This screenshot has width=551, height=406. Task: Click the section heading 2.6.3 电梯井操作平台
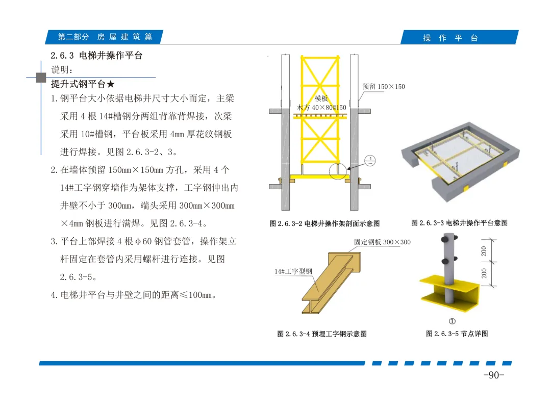(96, 56)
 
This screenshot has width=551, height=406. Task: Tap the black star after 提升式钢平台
(111, 84)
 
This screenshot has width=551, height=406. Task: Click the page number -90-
(494, 375)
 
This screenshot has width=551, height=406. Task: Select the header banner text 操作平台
(450, 38)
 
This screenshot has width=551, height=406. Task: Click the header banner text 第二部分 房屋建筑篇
(105, 37)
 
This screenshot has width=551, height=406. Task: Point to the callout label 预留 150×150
(383, 86)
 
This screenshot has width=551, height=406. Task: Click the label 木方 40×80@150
(321, 108)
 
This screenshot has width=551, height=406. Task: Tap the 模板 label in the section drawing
(321, 98)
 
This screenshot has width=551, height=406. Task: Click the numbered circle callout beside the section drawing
(370, 161)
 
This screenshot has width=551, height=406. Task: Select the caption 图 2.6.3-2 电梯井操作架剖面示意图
(324, 223)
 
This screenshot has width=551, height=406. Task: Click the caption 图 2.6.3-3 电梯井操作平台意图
(459, 223)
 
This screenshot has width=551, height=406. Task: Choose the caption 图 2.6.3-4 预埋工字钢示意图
(322, 334)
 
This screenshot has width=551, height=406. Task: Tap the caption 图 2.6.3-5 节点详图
(457, 333)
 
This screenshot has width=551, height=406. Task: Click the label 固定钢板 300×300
(382, 242)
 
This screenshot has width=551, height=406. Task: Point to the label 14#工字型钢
(293, 271)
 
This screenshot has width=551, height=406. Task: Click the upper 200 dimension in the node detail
(484, 251)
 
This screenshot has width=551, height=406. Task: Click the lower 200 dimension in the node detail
(484, 273)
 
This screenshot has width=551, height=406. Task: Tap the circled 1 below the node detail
(452, 321)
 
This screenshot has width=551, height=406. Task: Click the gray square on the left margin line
(41, 78)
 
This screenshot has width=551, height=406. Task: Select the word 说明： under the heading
(62, 69)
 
